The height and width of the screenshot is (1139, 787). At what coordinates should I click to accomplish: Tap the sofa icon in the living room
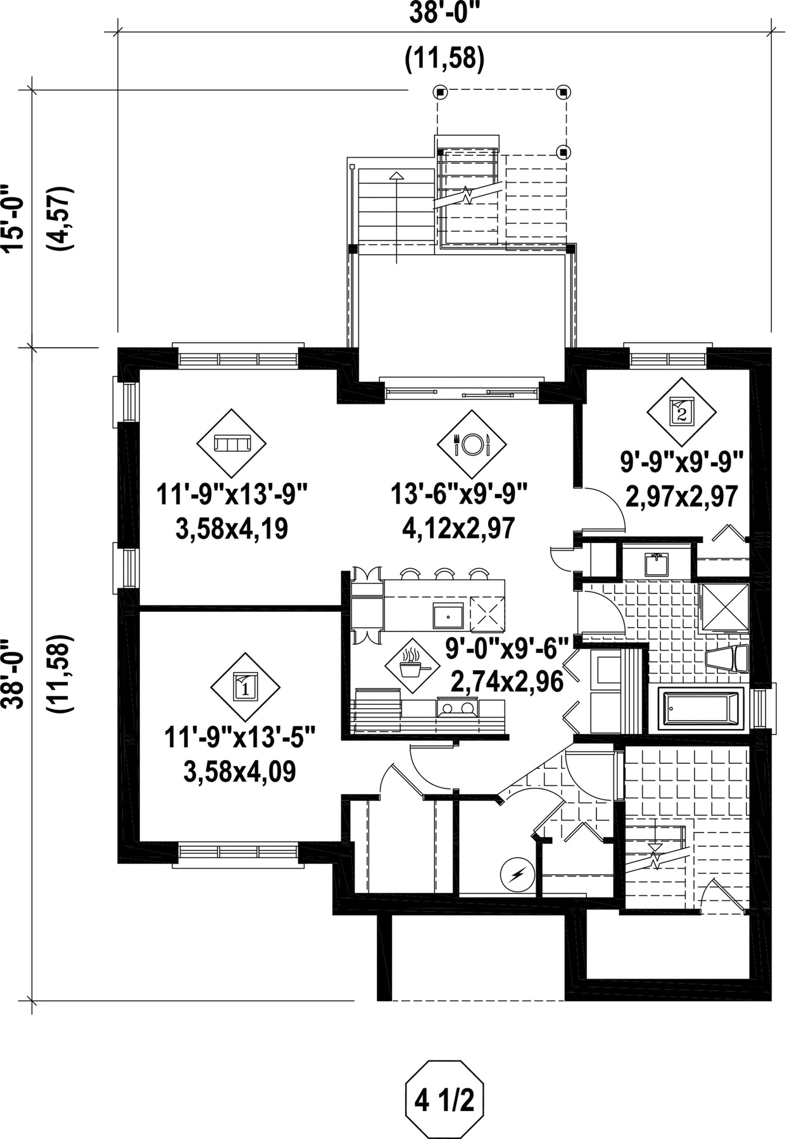click(x=231, y=443)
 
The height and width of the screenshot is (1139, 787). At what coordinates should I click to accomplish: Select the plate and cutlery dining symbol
click(x=472, y=444)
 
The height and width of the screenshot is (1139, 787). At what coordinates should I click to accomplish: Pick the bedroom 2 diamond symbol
click(x=681, y=413)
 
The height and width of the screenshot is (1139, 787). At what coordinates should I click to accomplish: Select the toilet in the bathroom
click(x=726, y=661)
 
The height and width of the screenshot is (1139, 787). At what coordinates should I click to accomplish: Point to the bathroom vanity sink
click(x=657, y=564)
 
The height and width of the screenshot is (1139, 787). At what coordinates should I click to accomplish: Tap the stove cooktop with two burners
click(x=456, y=707)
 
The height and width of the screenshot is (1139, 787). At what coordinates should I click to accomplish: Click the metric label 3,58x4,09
click(x=240, y=772)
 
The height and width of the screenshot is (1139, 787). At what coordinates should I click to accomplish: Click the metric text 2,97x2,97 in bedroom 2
click(x=681, y=497)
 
